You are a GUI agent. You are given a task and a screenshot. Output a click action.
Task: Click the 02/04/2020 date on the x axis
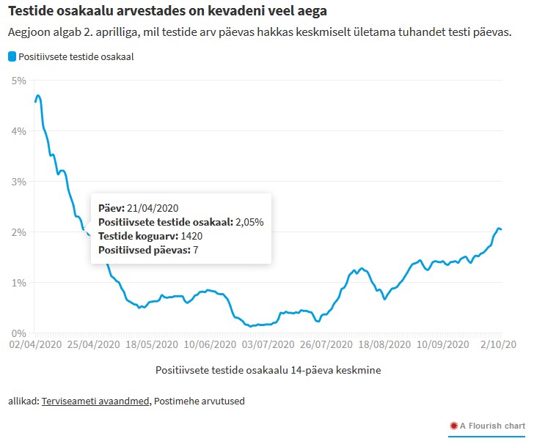click(36, 344)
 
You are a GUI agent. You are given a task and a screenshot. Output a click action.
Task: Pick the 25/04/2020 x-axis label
click(89, 344)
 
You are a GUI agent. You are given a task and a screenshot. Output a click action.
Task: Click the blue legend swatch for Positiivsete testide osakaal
click(12, 56)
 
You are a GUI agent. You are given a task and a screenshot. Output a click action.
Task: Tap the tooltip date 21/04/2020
click(153, 208)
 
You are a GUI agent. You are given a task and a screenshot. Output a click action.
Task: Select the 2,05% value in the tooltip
click(249, 222)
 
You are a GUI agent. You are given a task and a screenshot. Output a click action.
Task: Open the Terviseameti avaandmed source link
click(95, 402)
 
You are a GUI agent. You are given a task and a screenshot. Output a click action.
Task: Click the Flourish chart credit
click(488, 426)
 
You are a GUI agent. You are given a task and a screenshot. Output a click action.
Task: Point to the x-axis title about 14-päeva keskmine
click(268, 370)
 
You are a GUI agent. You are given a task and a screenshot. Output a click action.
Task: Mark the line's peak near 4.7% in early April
click(38, 96)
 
